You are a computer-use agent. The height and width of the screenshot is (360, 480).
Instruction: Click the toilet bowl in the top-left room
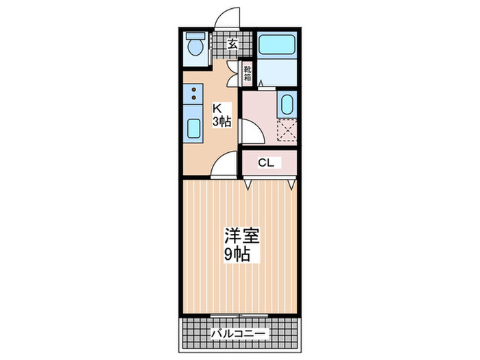(x=196, y=47)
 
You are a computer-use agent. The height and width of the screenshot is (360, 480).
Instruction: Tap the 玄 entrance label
(x=232, y=45)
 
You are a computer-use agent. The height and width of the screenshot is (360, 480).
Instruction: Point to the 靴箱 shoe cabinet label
(x=248, y=73)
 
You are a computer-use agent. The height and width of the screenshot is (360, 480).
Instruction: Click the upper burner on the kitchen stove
(x=193, y=90)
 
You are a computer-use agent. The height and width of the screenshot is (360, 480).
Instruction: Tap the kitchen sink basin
(x=193, y=128)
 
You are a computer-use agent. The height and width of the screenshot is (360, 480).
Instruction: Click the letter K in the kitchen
(x=217, y=108)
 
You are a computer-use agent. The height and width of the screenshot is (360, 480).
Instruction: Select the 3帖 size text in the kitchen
(x=221, y=121)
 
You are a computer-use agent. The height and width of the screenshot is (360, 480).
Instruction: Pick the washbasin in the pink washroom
(x=287, y=106)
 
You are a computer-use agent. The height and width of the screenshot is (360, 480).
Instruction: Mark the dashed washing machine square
(x=287, y=129)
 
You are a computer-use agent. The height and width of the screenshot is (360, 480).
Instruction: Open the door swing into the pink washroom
(x=251, y=130)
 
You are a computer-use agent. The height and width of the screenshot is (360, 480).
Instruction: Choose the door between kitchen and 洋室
(x=224, y=166)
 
